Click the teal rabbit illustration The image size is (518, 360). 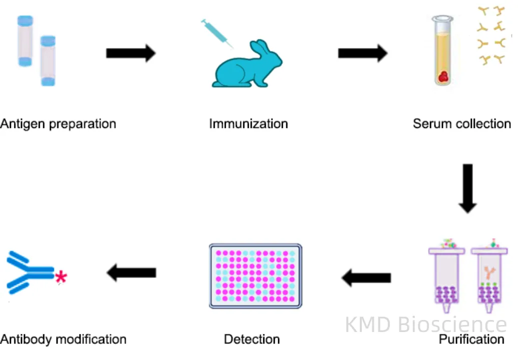tap(245, 67)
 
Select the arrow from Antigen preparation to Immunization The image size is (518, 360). tap(131, 53)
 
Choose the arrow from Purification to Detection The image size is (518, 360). tap(366, 277)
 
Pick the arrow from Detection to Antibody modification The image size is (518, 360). tap(131, 272)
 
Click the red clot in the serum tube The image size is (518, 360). tap(443, 76)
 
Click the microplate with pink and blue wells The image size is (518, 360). tap(255, 276)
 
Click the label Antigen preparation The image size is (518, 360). tap(58, 123)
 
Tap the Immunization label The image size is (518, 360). tap(248, 123)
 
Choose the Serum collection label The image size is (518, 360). tap(461, 123)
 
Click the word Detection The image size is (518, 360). tap(252, 339)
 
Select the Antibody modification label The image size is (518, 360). tap(63, 339)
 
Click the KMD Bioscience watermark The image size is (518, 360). tap(425, 324)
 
